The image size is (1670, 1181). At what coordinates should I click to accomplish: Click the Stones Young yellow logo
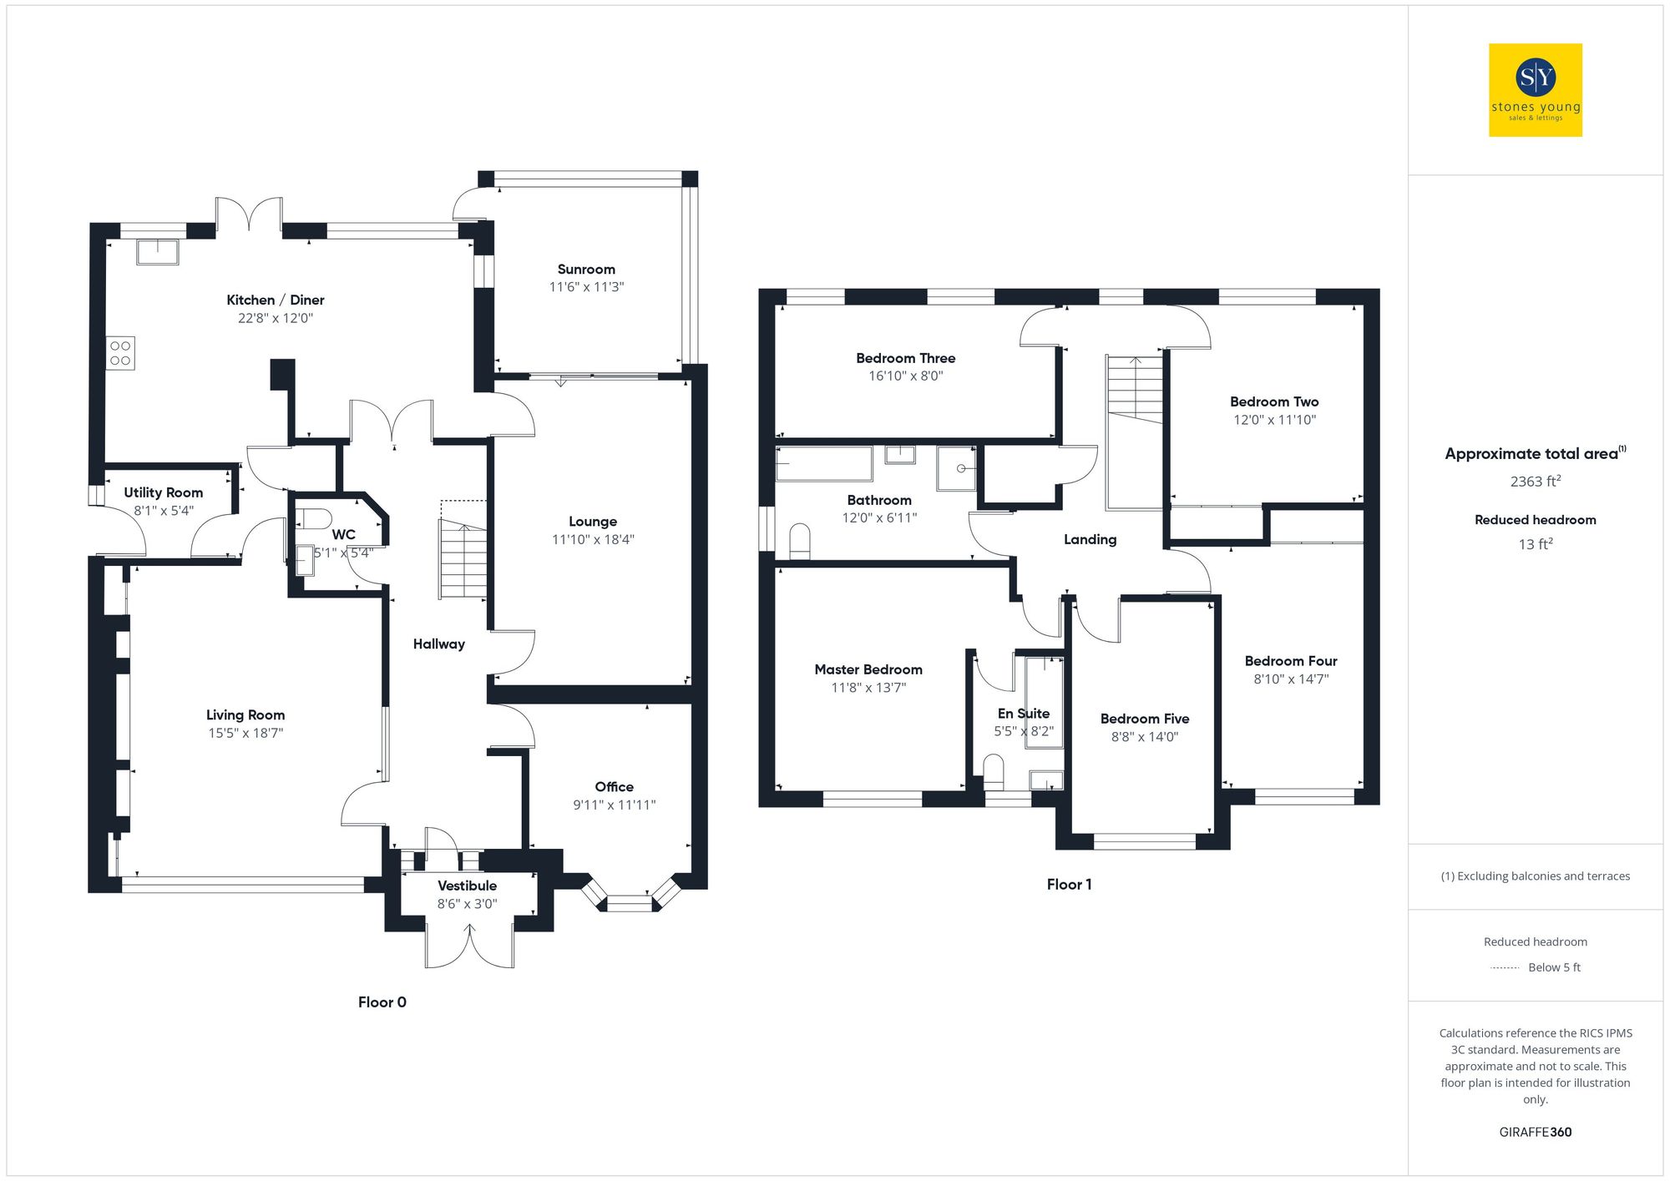pos(1535,90)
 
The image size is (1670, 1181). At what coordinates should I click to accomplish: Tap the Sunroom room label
pos(586,270)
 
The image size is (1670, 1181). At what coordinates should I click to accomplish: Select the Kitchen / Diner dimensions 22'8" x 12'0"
pos(276,318)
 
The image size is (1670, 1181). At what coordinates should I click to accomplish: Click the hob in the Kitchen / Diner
pos(120,353)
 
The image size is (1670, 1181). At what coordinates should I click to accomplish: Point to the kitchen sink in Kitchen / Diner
pos(158,251)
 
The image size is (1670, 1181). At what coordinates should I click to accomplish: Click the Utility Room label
pos(164,492)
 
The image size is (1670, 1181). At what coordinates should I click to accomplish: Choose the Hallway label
pos(438,643)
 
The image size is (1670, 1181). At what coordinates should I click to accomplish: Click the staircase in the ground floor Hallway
pos(463,558)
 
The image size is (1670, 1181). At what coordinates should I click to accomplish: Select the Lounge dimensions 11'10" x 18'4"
pos(593,540)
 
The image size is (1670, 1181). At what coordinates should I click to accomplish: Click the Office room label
pos(614,787)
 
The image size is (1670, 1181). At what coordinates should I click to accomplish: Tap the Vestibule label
pos(467,886)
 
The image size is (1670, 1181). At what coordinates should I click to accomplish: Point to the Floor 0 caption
pos(382,1002)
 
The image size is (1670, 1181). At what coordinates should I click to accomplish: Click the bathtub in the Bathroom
pos(824,464)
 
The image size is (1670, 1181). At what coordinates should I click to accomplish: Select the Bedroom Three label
pos(905,358)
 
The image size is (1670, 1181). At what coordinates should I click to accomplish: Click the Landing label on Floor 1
pos(1090,539)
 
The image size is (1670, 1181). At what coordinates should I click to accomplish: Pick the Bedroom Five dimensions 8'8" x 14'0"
pos(1144,737)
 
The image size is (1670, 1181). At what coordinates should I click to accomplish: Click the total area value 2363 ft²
pos(1535,482)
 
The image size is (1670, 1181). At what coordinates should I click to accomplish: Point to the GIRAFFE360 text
pos(1535,1133)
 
